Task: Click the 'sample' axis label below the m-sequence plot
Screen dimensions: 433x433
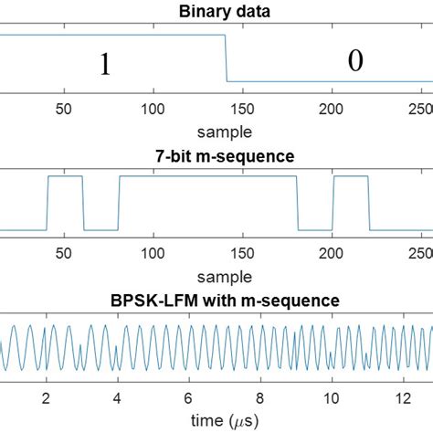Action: point(216,271)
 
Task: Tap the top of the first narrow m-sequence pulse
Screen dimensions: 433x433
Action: point(64,177)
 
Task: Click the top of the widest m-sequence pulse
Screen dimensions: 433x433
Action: point(207,177)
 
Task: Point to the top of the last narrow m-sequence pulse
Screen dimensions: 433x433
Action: point(350,177)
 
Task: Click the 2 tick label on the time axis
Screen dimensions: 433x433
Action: point(45,397)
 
